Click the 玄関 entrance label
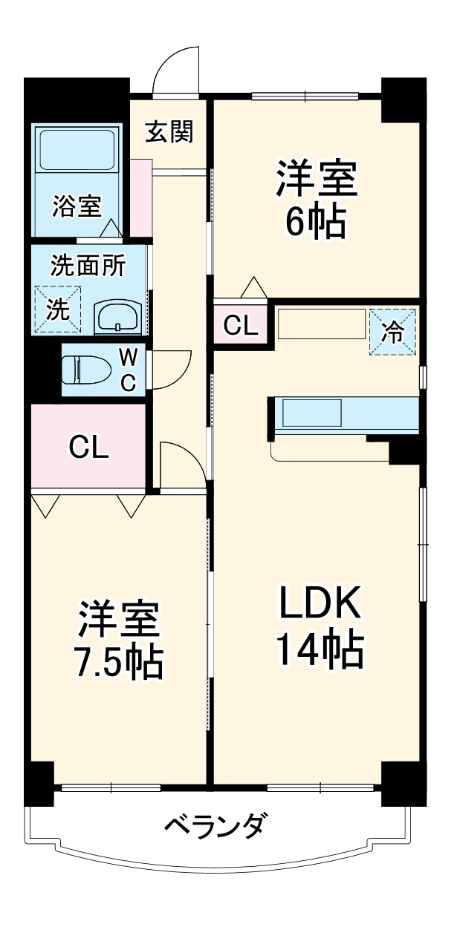(169, 131)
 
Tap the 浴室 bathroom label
(77, 206)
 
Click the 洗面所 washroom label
(88, 265)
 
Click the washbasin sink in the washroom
(117, 318)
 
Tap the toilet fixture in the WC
(84, 369)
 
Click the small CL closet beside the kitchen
(241, 324)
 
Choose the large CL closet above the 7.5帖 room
(88, 446)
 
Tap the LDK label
(320, 606)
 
